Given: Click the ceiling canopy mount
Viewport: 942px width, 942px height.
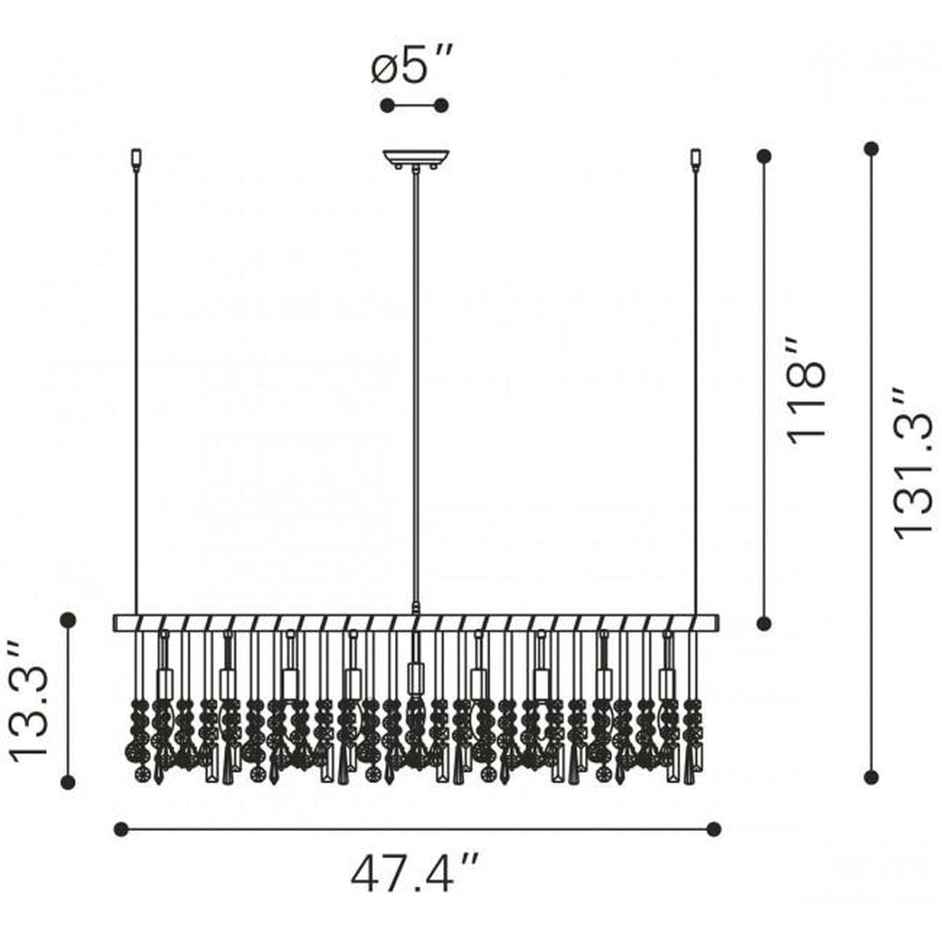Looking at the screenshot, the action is click(415, 158).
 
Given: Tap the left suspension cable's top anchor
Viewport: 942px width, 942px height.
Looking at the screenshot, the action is click(136, 159).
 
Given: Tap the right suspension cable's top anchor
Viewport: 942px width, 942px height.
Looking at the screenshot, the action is click(694, 159).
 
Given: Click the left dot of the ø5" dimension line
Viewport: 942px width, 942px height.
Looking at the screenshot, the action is click(387, 105).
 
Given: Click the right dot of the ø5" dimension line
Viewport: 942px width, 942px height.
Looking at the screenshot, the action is click(442, 105).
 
